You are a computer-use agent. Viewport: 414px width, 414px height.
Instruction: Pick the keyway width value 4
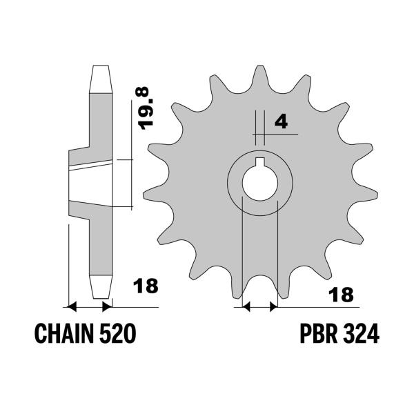(281, 122)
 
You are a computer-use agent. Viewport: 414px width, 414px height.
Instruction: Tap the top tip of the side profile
(100, 69)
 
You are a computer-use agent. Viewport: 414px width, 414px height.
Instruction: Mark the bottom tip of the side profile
(100, 288)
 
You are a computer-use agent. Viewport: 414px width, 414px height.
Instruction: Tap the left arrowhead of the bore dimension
(245, 304)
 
